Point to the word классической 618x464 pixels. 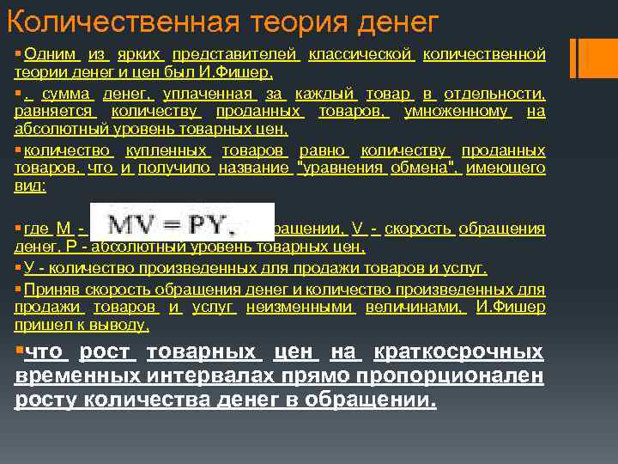pyautogui.click(x=361, y=54)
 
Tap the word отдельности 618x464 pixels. pyautogui.click(x=494, y=94)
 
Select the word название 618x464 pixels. pyautogui.click(x=254, y=168)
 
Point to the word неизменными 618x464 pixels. pyautogui.click(x=300, y=307)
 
